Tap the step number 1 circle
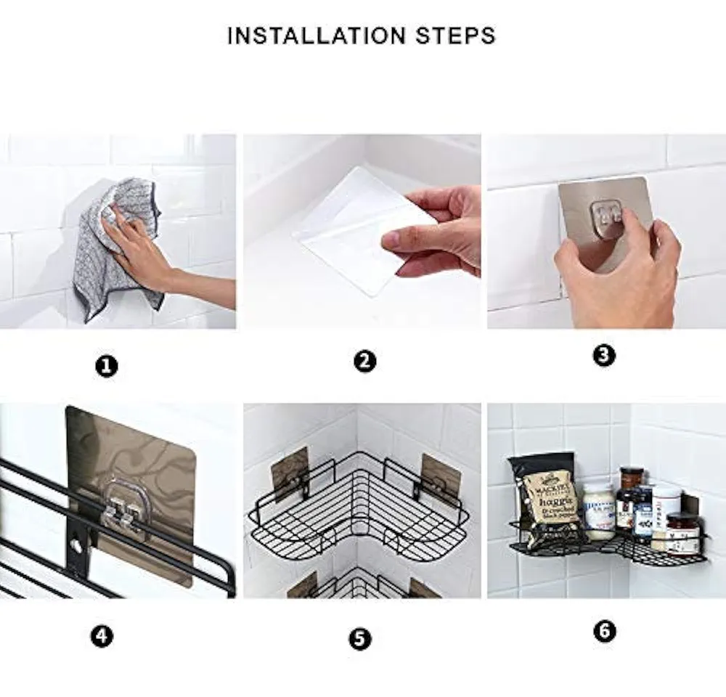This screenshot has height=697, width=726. (x=107, y=367)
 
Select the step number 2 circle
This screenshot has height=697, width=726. (x=364, y=361)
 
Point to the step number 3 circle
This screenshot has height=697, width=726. (x=604, y=355)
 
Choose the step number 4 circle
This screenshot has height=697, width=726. (x=102, y=637)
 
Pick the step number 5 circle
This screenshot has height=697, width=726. (x=359, y=639)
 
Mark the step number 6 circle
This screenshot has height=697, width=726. (x=604, y=631)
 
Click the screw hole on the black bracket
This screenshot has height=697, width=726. (x=74, y=542)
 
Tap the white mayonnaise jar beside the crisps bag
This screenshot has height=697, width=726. (x=599, y=512)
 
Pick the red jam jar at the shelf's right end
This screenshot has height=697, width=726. (x=682, y=534)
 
